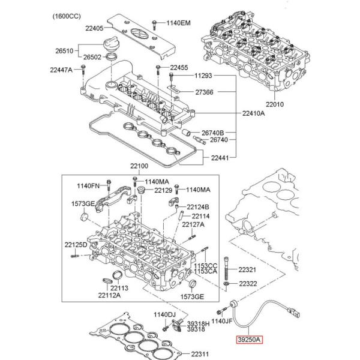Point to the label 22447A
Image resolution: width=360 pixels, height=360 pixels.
(60, 70)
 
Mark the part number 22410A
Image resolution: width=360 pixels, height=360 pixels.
(255, 112)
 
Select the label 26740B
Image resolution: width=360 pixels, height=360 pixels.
(213, 132)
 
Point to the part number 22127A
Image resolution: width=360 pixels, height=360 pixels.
(193, 224)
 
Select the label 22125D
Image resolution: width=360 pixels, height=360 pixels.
(76, 245)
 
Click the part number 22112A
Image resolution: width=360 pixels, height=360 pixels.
(110, 294)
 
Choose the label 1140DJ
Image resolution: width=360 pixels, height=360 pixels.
(164, 314)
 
